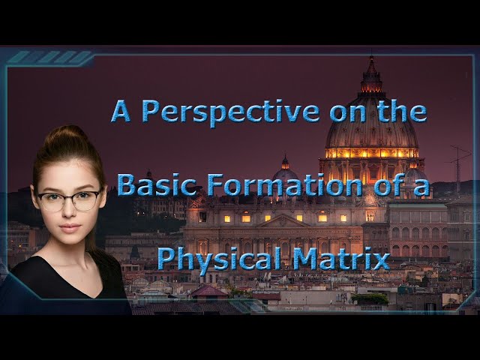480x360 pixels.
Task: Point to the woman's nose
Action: tap(70, 213)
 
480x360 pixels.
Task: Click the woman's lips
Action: tap(70, 227)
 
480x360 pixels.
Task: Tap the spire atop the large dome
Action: tap(371, 69)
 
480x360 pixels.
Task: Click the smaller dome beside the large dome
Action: tap(285, 174)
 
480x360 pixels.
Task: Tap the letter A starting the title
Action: tap(121, 111)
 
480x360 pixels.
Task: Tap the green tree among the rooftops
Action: tap(370, 298)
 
